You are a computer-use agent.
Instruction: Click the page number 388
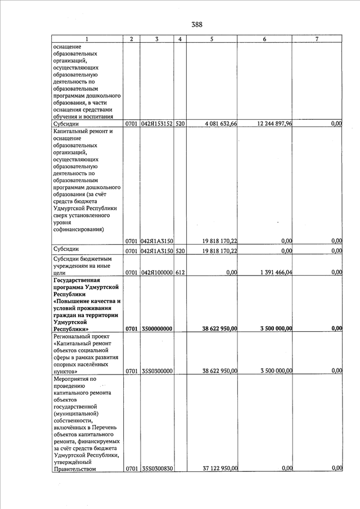click(x=196, y=24)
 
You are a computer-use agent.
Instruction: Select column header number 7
click(x=317, y=39)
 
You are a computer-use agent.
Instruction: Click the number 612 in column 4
click(x=180, y=272)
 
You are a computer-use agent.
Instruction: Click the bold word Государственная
click(x=76, y=280)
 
